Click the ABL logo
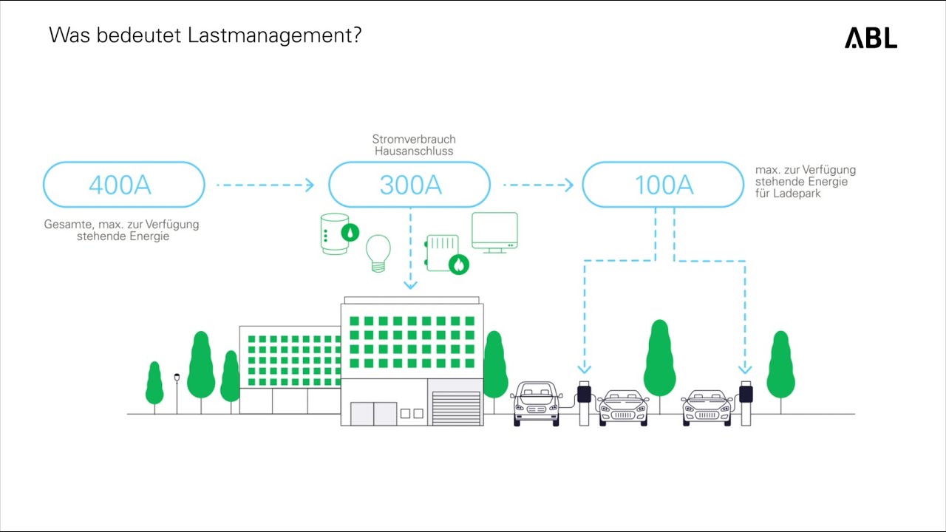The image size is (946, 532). [871, 38]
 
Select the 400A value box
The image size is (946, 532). [123, 185]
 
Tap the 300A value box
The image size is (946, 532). [409, 185]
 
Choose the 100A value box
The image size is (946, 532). [663, 185]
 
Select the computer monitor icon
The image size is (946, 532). [494, 232]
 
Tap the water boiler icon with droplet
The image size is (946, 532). [337, 234]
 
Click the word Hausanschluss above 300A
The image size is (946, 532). [413, 151]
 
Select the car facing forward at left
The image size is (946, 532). [537, 403]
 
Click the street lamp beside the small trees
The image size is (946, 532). [177, 392]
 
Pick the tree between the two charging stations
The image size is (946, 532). [659, 361]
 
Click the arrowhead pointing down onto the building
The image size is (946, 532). [411, 284]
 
